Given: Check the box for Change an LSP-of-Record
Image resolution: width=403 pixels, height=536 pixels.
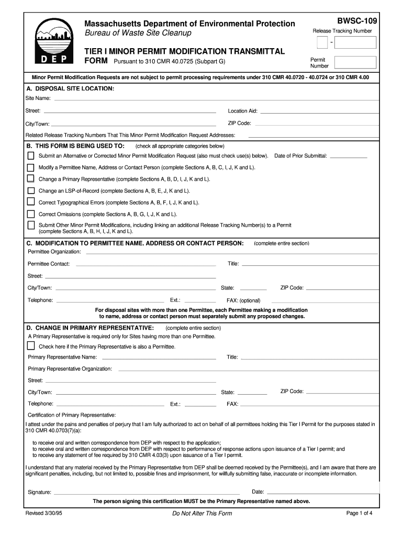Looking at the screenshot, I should (31, 191).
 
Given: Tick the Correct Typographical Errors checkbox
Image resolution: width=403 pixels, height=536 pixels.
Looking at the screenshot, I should (31, 202).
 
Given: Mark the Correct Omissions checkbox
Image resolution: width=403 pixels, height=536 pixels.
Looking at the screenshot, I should (31, 214).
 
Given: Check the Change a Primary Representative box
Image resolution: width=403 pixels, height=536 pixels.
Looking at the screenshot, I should (31, 179).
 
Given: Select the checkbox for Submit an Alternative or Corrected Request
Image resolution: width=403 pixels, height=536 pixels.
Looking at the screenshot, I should (31, 156).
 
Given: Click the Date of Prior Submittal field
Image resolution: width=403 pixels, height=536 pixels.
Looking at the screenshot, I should (349, 157).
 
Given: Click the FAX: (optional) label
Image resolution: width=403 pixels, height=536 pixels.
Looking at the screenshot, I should (243, 301).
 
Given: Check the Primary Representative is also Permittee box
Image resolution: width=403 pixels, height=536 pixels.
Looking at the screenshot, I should (31, 346).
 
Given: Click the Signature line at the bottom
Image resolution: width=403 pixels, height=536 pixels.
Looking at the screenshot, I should (147, 493).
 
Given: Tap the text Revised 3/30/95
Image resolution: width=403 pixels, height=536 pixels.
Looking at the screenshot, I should (44, 513).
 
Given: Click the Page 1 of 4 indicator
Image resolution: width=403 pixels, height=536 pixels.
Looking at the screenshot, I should (359, 513).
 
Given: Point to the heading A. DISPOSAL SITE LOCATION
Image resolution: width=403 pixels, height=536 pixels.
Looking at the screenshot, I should (70, 89).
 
